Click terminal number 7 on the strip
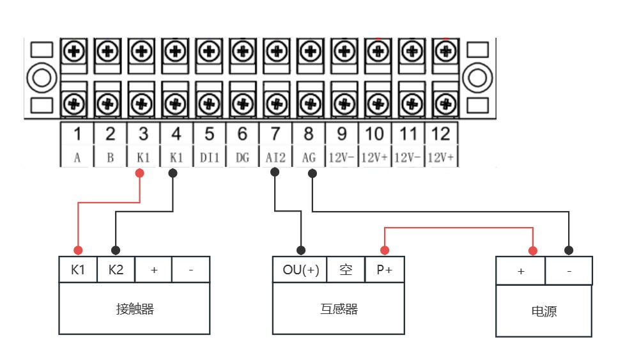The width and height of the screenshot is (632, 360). (x=275, y=134)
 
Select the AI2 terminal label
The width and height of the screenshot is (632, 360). (x=275, y=157)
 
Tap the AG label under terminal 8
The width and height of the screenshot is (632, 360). (x=309, y=157)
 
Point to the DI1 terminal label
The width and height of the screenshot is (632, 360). (x=209, y=157)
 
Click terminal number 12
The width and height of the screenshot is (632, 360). (x=441, y=134)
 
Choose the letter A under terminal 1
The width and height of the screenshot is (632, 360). (x=77, y=157)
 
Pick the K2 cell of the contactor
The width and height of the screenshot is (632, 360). (x=116, y=270)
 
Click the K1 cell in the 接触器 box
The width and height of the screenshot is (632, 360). (x=78, y=270)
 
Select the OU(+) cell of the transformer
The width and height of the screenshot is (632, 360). (x=300, y=270)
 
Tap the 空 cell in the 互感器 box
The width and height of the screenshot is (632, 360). (x=346, y=270)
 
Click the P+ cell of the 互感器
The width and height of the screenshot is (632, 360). (x=385, y=270)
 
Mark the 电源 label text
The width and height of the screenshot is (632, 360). (x=544, y=312)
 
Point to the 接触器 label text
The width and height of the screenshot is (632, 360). (x=135, y=309)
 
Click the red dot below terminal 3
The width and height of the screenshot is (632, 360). (x=140, y=173)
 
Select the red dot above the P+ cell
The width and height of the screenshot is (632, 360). (x=385, y=250)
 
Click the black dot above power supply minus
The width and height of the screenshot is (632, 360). (x=569, y=250)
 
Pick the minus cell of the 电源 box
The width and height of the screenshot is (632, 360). (x=569, y=271)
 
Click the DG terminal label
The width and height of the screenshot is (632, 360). (x=242, y=157)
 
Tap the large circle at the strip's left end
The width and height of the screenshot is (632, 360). (x=42, y=77)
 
